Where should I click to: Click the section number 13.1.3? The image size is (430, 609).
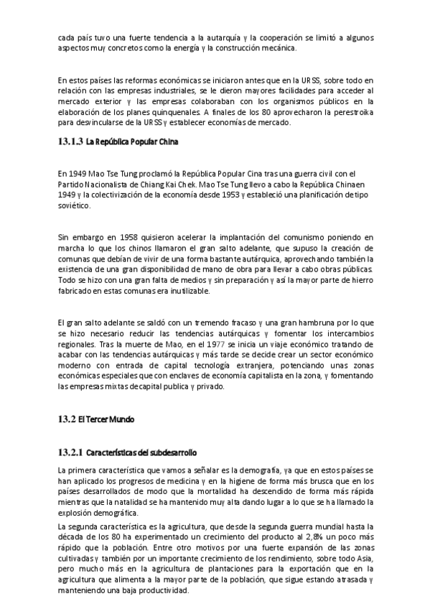(x=70, y=141)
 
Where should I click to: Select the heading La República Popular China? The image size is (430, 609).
(x=131, y=141)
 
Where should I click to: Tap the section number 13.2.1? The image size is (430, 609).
(x=70, y=452)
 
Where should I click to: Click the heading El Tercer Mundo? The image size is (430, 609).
(x=106, y=419)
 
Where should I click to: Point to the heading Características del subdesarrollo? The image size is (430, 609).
(x=141, y=452)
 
